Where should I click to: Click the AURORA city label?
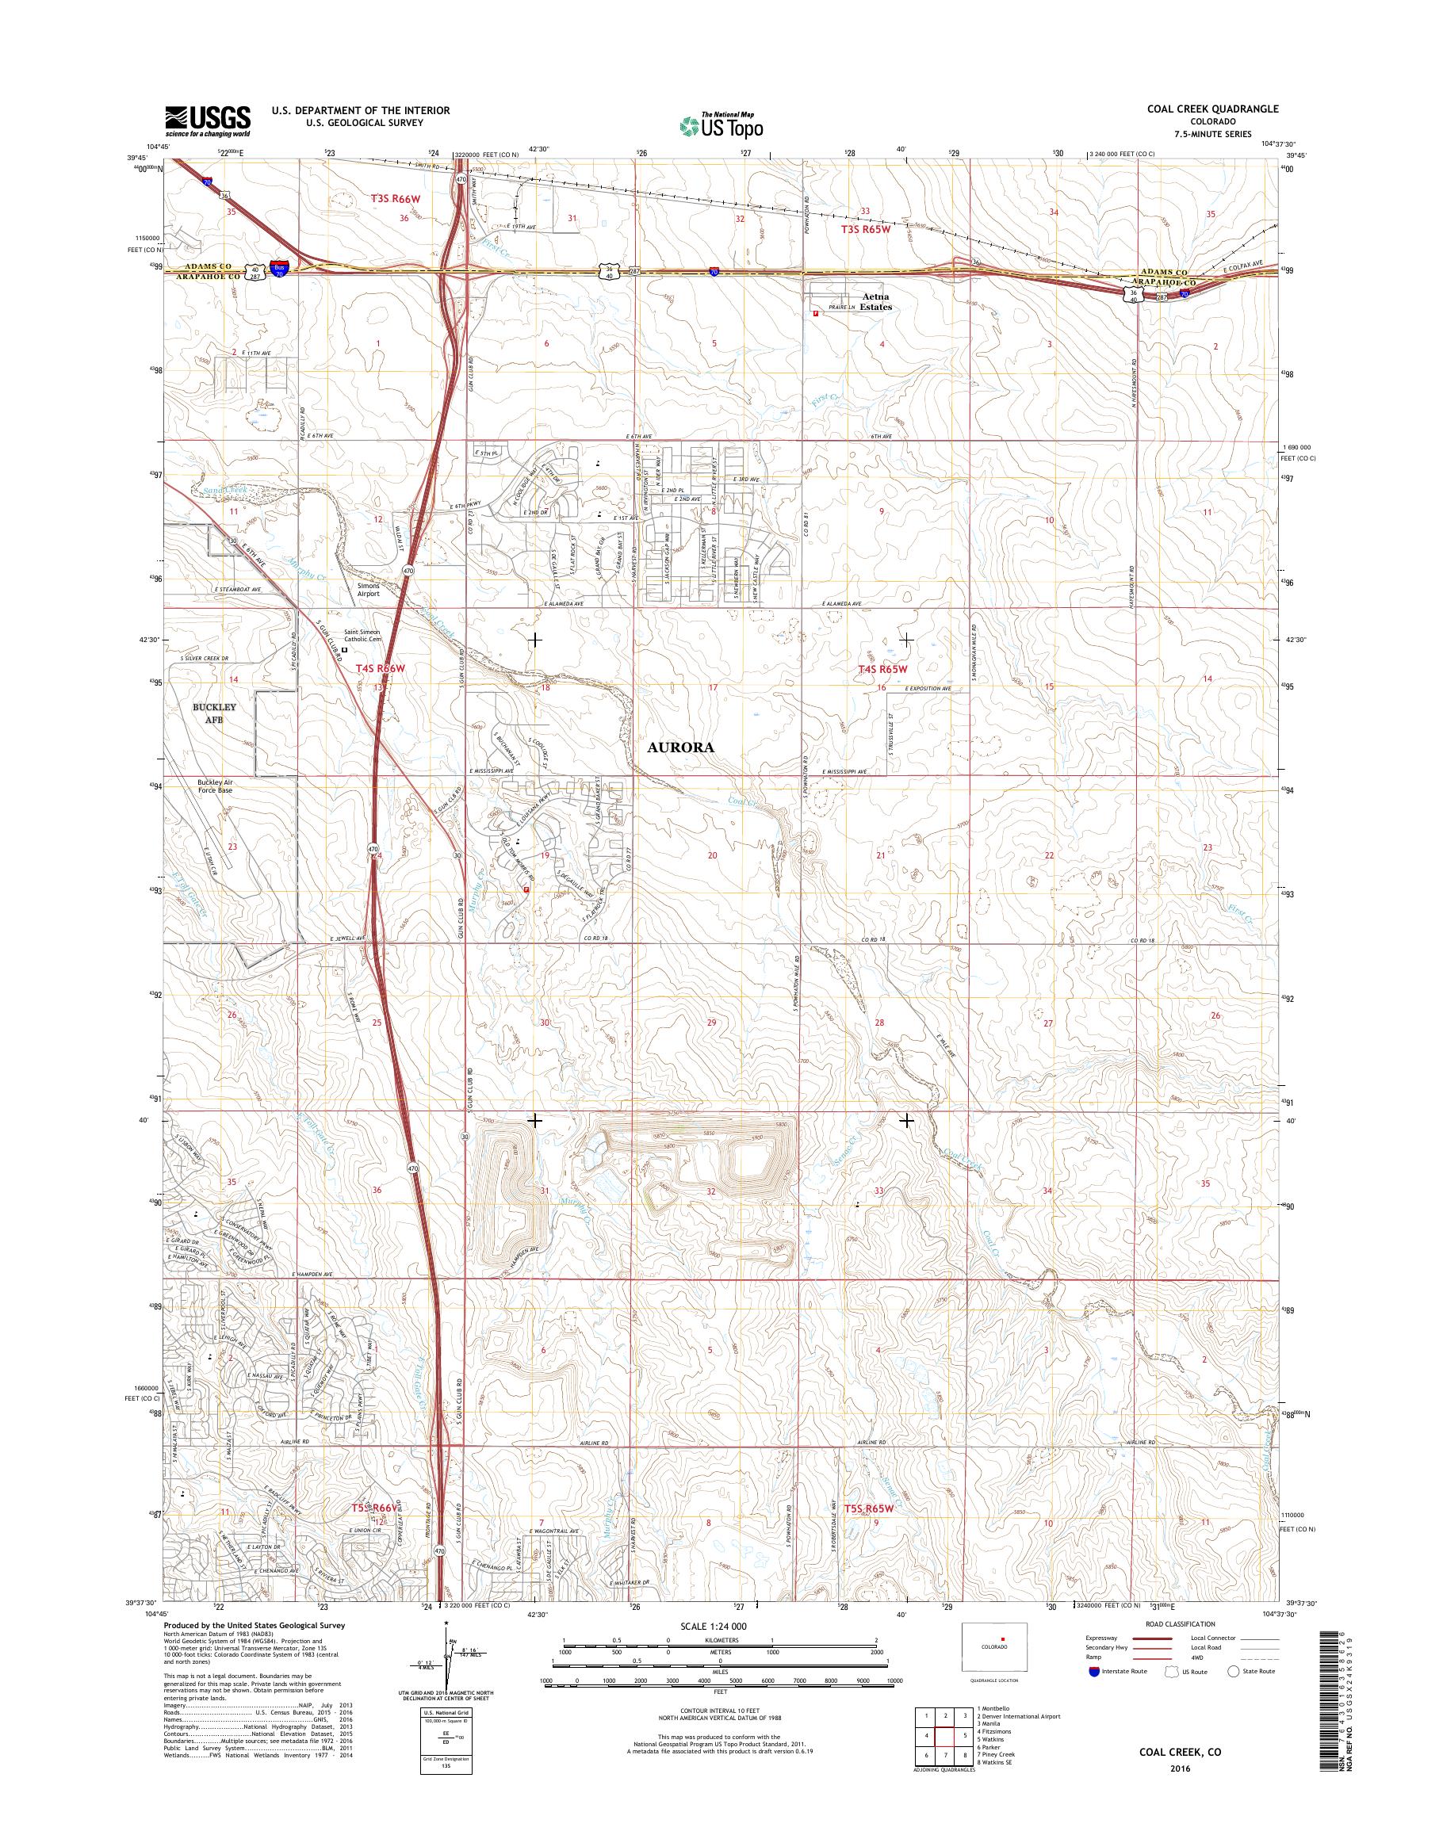[681, 747]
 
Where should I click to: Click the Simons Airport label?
[366, 589]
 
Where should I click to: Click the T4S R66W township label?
[378, 668]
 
